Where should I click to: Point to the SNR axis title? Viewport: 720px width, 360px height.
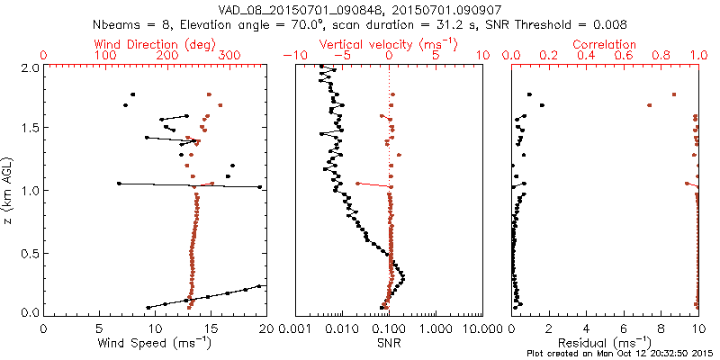(x=389, y=344)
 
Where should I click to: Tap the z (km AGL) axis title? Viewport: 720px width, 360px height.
(x=9, y=190)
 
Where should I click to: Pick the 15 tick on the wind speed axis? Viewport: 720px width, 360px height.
(x=211, y=330)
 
